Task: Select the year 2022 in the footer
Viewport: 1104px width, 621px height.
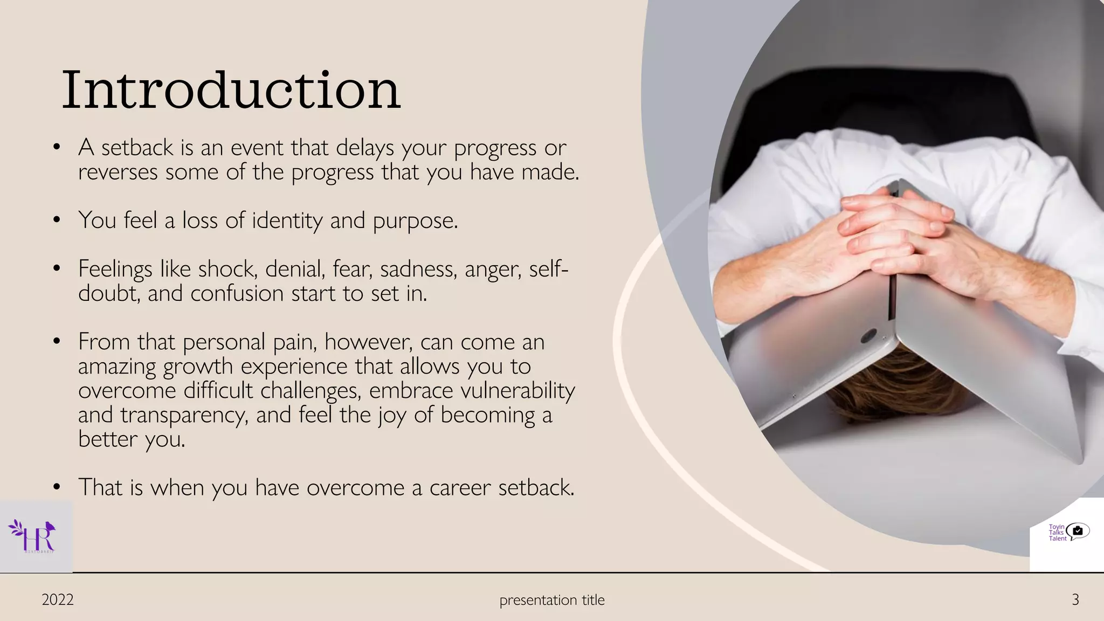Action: (58, 599)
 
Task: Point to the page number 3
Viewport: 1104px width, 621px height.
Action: (1075, 599)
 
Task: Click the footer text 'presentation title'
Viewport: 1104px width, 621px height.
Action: (552, 599)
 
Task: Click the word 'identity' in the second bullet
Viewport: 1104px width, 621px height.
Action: (287, 220)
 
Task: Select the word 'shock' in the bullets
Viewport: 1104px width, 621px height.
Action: (226, 268)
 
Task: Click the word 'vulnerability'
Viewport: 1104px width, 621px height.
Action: (518, 390)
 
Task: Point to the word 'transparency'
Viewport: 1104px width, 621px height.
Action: (184, 415)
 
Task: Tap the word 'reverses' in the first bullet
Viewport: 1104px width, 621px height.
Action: (118, 172)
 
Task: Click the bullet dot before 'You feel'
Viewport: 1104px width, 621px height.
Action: (57, 220)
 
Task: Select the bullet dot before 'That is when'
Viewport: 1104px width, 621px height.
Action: (57, 487)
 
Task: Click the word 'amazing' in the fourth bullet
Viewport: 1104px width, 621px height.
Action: (117, 367)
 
